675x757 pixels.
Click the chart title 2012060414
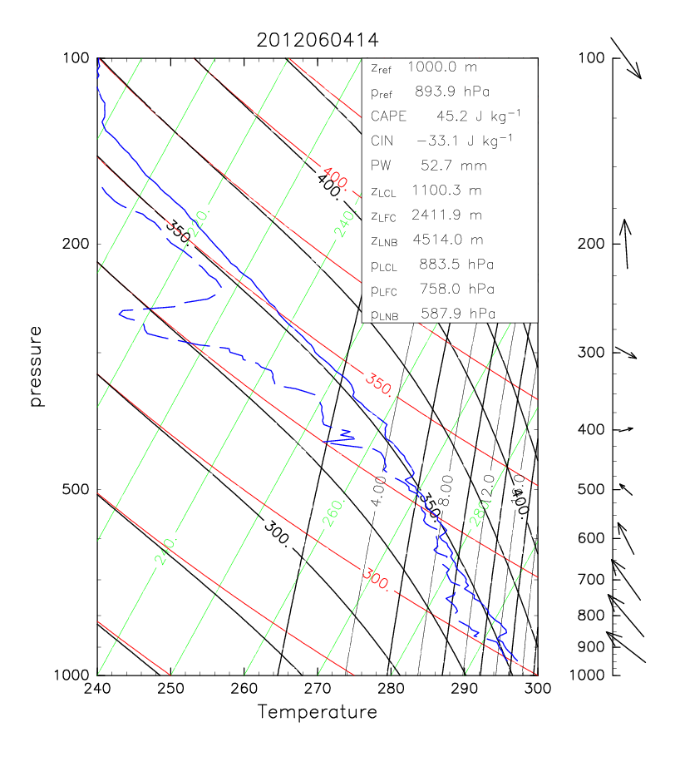(x=317, y=39)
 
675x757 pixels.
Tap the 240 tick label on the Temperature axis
(x=97, y=689)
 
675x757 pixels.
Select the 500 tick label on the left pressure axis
(x=76, y=489)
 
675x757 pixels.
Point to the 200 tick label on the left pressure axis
(x=76, y=244)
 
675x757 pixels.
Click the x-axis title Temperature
(x=317, y=713)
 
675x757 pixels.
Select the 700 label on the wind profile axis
(x=589, y=578)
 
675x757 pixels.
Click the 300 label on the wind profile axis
(x=589, y=352)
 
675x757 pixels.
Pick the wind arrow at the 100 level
(x=626, y=58)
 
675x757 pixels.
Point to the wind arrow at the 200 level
(x=625, y=245)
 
